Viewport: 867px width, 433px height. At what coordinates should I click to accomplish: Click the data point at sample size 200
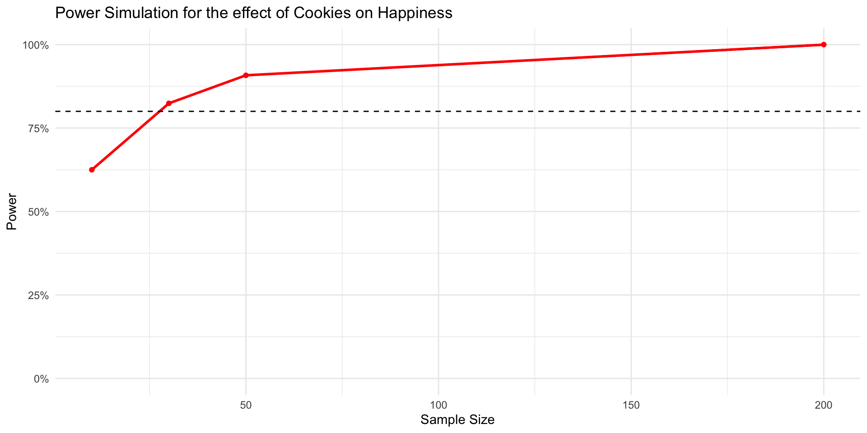pos(824,45)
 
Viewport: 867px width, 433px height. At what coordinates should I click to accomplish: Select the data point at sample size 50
pos(246,75)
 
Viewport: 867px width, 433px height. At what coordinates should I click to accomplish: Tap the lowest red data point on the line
pos(92,170)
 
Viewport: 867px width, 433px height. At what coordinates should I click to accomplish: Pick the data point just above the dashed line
pos(169,103)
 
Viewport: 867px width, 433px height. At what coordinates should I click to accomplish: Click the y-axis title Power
pos(12,212)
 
